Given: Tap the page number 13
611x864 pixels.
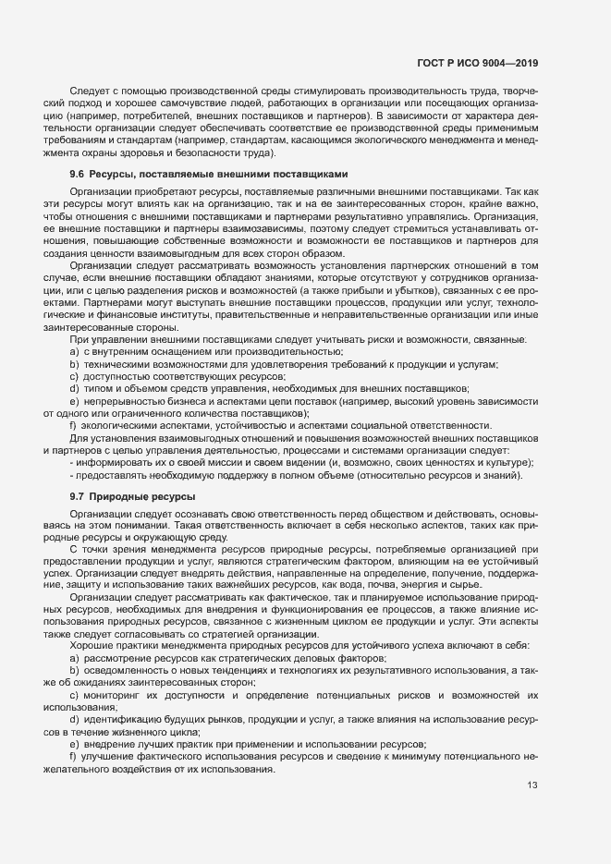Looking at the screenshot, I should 532,785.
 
